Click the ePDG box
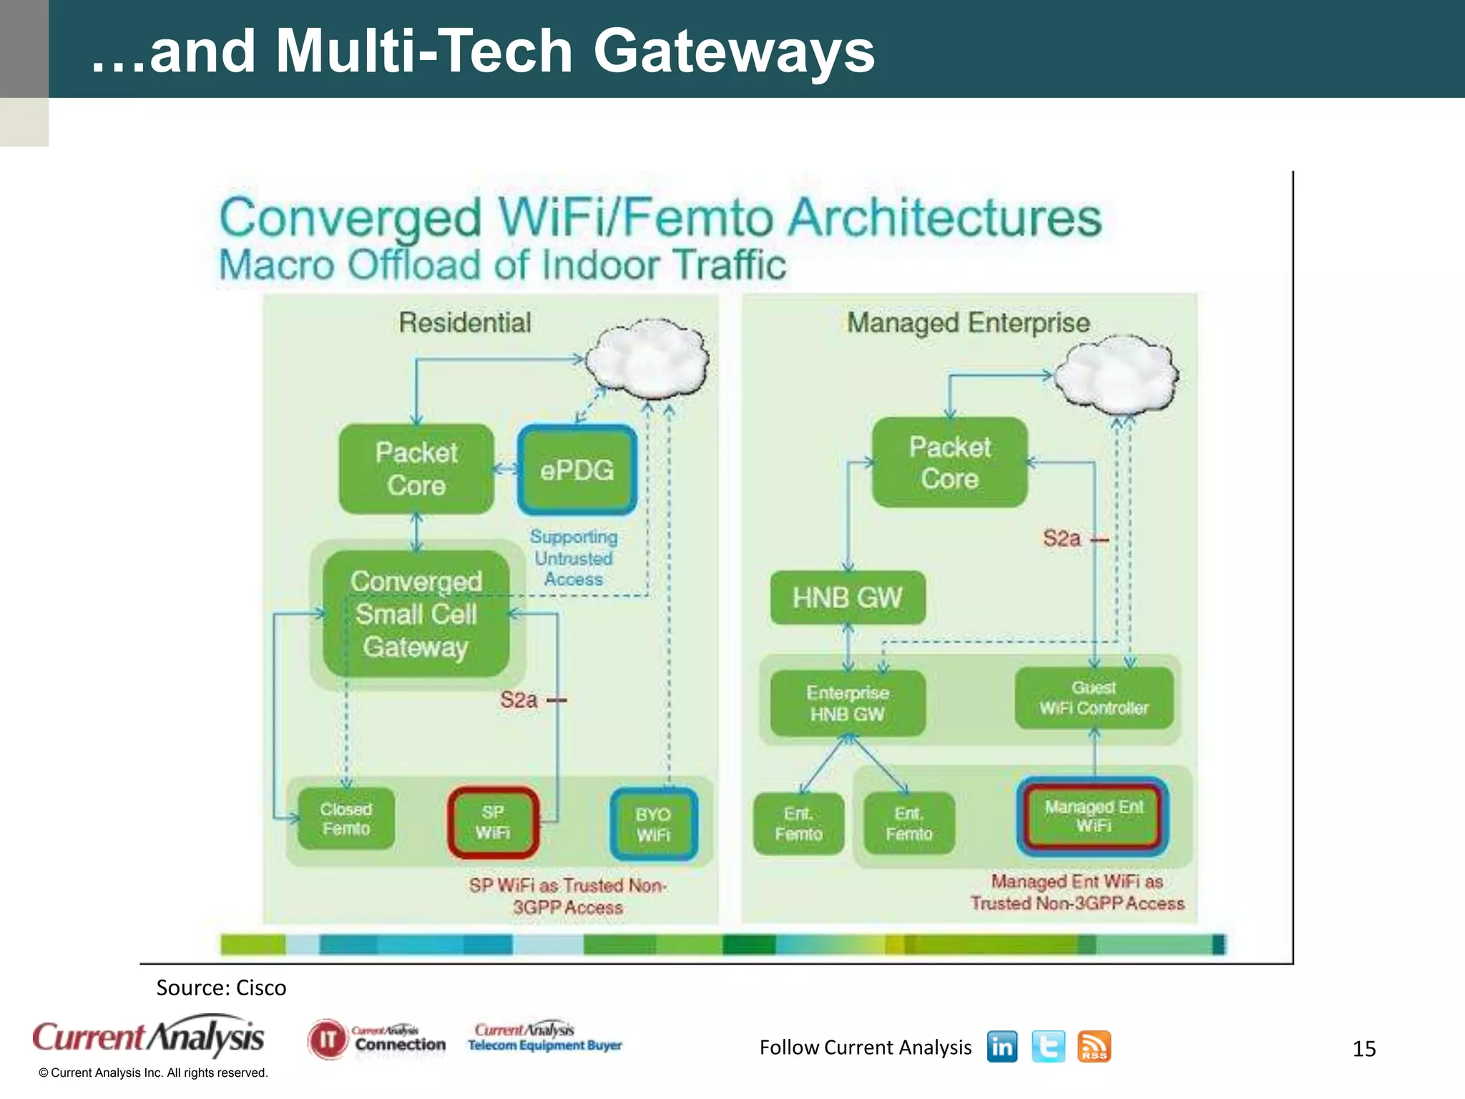577,470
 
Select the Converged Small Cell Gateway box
416,614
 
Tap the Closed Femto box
346,819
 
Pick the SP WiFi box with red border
493,823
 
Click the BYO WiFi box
653,824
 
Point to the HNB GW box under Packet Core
847,597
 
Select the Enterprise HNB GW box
848,703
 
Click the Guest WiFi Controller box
1094,698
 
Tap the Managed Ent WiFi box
1093,816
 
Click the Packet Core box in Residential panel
416,469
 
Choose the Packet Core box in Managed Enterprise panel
949,463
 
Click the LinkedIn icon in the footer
1001,1047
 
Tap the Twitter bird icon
1048,1047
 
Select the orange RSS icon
1094,1047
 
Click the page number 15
1363,1049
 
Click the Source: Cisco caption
221,988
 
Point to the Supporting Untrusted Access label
574,558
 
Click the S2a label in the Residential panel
519,700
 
